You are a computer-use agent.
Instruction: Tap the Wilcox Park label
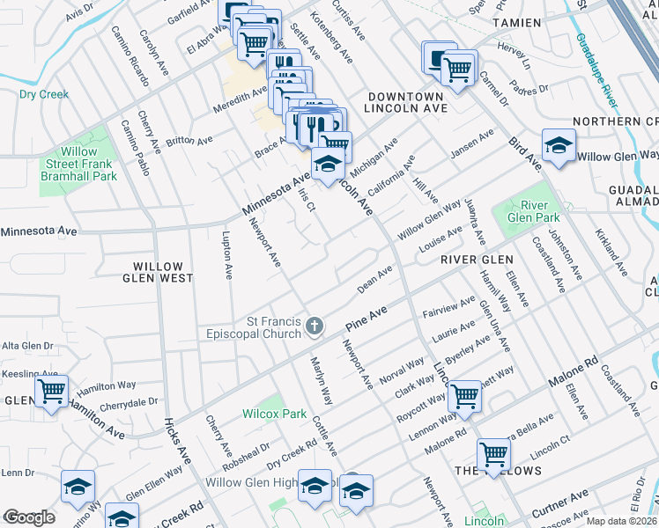275,414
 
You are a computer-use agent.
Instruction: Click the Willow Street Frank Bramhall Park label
78,164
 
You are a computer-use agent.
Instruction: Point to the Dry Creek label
44,93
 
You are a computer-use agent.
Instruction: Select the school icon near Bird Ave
559,147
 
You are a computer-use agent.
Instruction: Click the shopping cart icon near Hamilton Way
52,391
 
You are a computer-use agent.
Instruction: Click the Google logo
30,517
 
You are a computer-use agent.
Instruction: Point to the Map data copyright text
621,521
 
